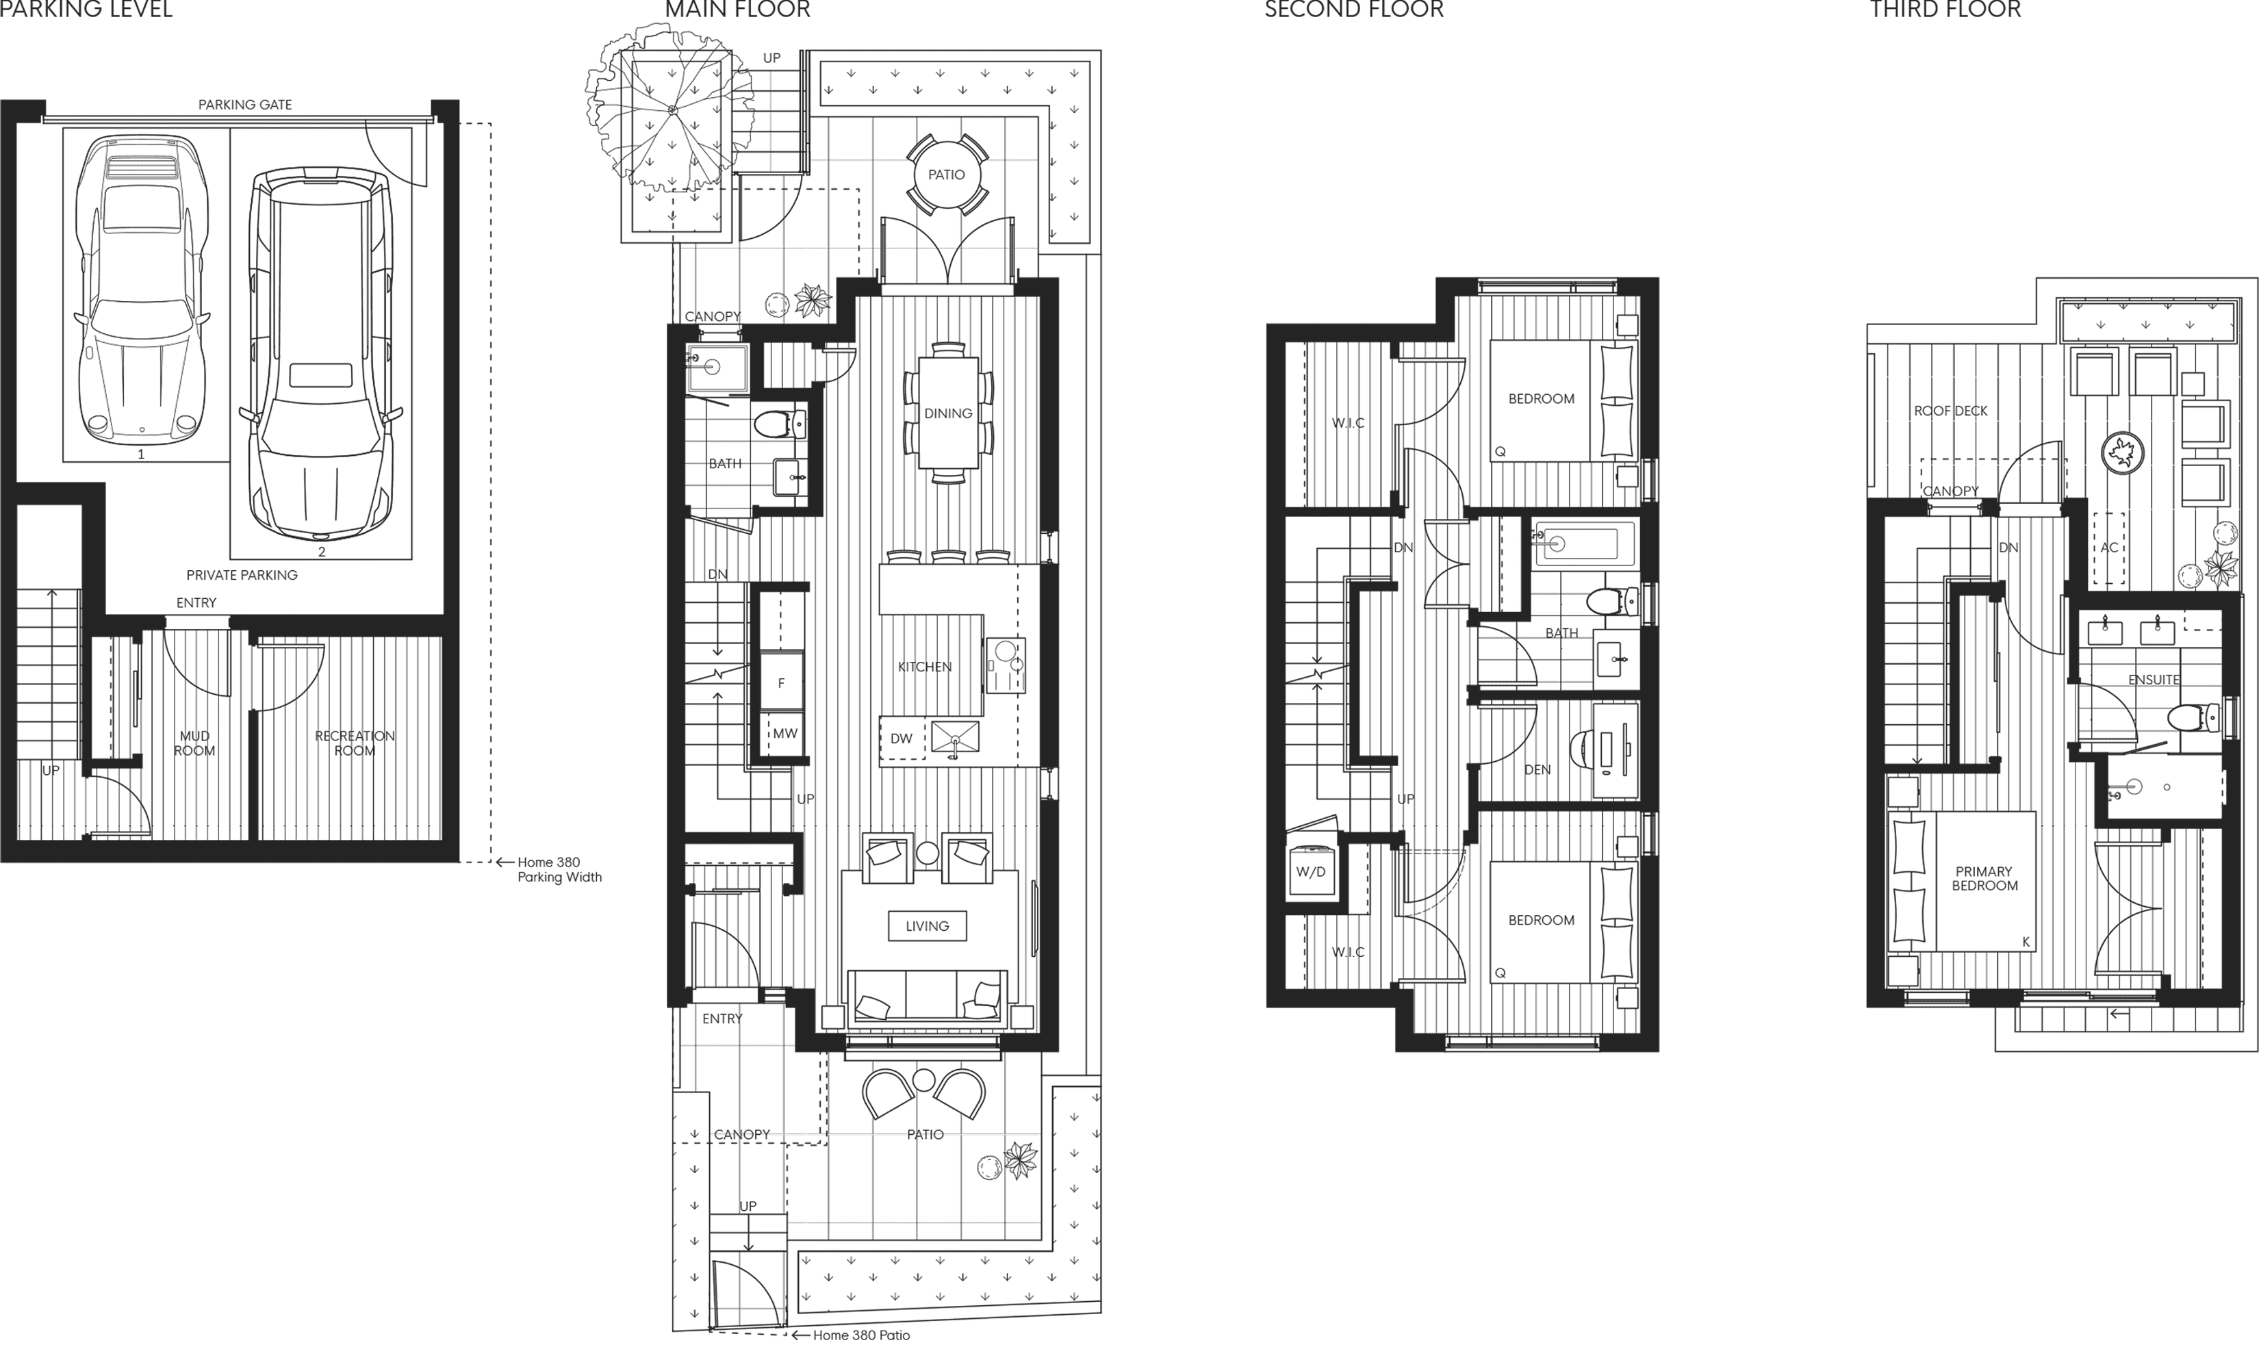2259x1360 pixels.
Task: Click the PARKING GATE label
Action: click(x=244, y=105)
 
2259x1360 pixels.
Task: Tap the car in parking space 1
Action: click(x=142, y=289)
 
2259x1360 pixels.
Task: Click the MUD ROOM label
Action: click(x=194, y=743)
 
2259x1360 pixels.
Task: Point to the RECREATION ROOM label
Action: click(x=355, y=743)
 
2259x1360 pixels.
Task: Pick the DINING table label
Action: click(x=947, y=413)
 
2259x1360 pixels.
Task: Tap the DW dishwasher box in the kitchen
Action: click(x=901, y=739)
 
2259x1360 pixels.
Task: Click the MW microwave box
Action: click(x=784, y=733)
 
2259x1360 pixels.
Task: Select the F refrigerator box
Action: click(x=781, y=683)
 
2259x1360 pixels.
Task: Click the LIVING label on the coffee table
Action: click(x=926, y=925)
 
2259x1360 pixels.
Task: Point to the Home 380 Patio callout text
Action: click(x=860, y=1335)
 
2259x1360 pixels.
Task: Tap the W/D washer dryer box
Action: click(x=1310, y=871)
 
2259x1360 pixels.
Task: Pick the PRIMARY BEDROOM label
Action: click(x=1984, y=878)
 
